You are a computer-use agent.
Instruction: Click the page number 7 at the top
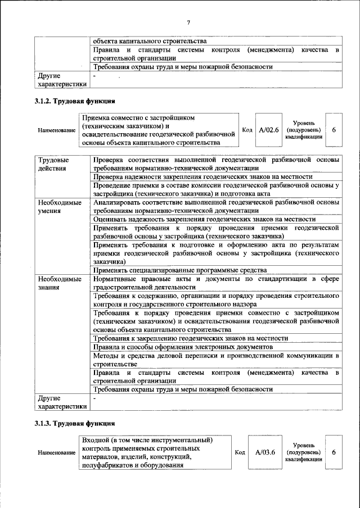point(188,22)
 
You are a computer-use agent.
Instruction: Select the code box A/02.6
point(269,130)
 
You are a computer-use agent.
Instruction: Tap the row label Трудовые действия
point(50,164)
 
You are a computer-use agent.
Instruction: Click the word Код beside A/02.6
point(246,130)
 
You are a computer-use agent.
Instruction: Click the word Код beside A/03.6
point(240,451)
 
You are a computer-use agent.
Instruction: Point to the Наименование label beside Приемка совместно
point(57,131)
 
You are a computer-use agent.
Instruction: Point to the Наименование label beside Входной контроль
point(57,452)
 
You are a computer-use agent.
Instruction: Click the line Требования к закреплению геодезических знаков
point(191,338)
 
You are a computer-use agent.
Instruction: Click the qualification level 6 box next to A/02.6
point(334,130)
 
